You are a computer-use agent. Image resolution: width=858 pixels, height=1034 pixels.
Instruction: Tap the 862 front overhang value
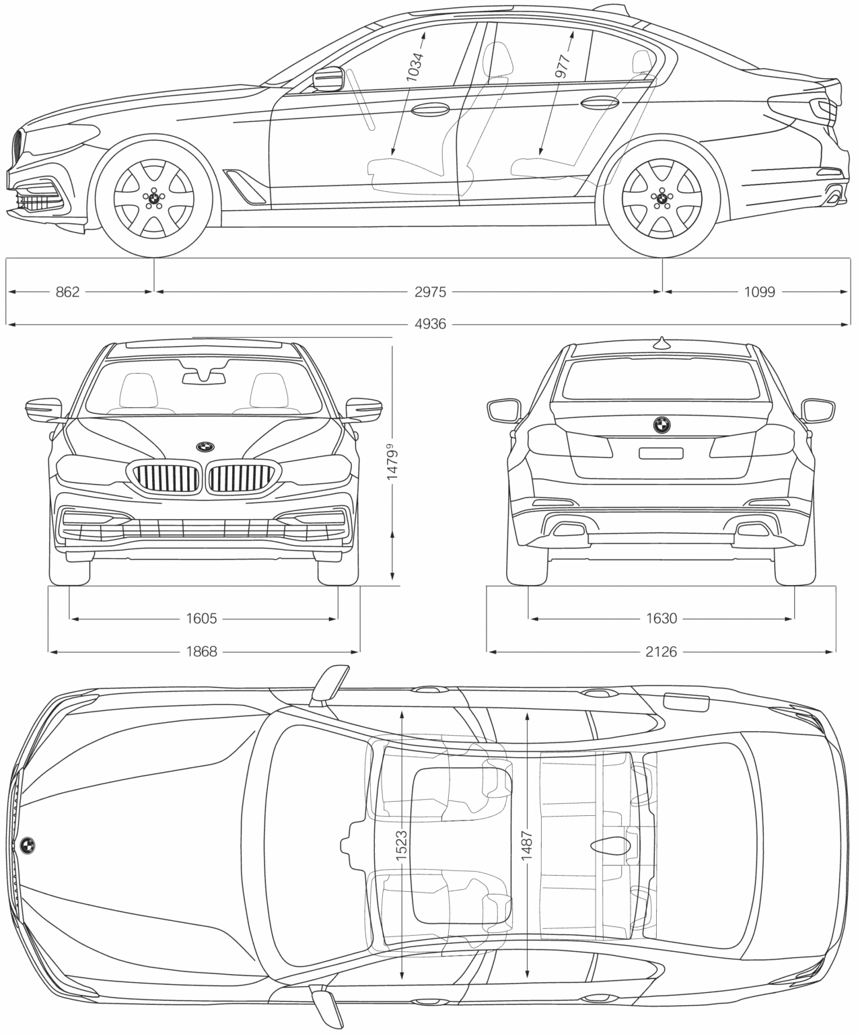pos(67,291)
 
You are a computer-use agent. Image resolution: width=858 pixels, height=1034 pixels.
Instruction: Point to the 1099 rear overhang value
pos(760,291)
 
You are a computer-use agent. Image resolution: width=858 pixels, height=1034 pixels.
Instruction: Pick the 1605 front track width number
pos(201,618)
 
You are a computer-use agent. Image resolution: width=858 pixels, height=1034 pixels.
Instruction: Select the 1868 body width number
pos(201,651)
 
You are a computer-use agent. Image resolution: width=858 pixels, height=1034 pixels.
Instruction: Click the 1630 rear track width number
pos(662,618)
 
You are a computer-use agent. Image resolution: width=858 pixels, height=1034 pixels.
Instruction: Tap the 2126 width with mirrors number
pos(662,651)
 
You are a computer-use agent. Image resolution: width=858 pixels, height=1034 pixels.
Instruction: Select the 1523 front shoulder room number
pos(402,846)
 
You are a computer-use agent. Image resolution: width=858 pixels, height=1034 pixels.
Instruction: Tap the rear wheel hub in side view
pos(662,197)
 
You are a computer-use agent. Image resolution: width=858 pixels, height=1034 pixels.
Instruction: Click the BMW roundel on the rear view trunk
pos(662,424)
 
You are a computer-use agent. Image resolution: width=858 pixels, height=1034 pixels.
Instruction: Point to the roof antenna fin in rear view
pos(662,343)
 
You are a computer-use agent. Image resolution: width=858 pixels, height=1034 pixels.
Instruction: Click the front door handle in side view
pos(431,109)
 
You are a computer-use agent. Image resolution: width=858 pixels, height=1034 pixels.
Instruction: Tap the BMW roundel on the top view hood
pos(28,846)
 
